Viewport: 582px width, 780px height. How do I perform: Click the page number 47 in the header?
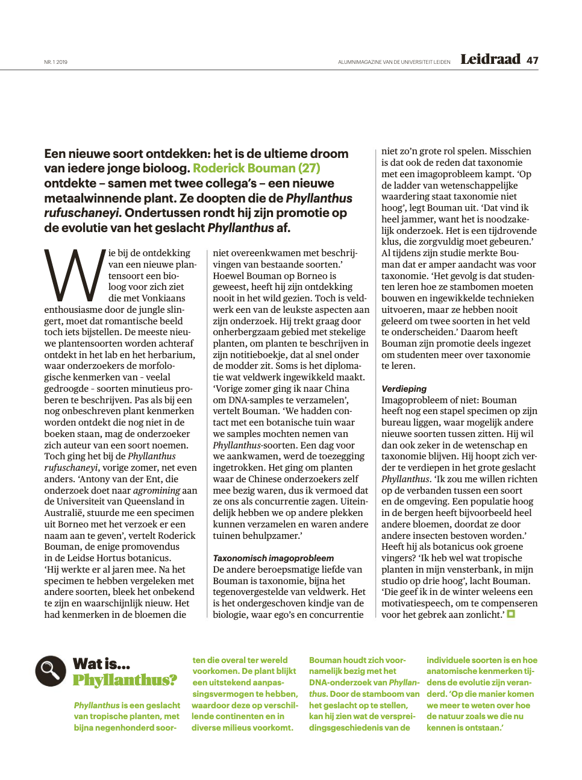(x=532, y=60)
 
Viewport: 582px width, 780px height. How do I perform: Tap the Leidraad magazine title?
(x=490, y=59)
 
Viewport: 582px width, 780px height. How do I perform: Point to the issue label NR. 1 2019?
(x=55, y=62)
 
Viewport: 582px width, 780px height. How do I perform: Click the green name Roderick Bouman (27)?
(x=257, y=168)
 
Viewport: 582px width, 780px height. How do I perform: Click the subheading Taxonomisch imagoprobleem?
(x=273, y=558)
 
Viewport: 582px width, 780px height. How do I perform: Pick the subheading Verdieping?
(x=404, y=389)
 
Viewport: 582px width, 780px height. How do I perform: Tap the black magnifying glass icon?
(x=51, y=671)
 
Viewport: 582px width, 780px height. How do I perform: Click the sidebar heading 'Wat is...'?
(x=101, y=664)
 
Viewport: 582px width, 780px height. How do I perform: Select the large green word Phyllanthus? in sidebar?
(x=125, y=681)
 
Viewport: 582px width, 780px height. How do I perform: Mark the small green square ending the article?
(x=511, y=614)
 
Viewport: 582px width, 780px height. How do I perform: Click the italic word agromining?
(x=157, y=490)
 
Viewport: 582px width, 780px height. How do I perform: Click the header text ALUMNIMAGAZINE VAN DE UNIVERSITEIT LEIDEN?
(x=394, y=62)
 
